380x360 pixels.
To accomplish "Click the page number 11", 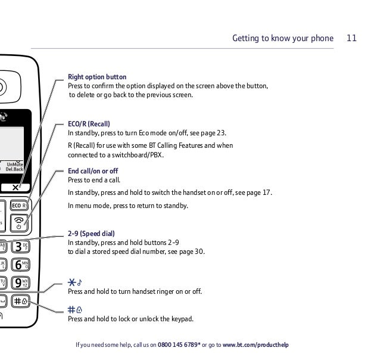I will [x=351, y=39].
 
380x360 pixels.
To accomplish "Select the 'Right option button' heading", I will [x=97, y=77].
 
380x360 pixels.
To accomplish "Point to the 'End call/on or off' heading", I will [x=93, y=170].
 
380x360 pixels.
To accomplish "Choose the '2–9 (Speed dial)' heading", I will [x=91, y=234].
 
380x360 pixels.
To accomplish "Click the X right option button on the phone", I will [x=16, y=188].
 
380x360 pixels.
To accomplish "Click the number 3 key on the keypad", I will [x=21, y=246].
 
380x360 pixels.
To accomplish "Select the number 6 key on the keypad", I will [x=21, y=265].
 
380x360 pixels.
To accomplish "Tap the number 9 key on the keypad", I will [x=21, y=283].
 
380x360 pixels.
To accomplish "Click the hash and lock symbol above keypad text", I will [x=74, y=309].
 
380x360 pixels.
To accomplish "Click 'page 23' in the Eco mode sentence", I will [x=213, y=133].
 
